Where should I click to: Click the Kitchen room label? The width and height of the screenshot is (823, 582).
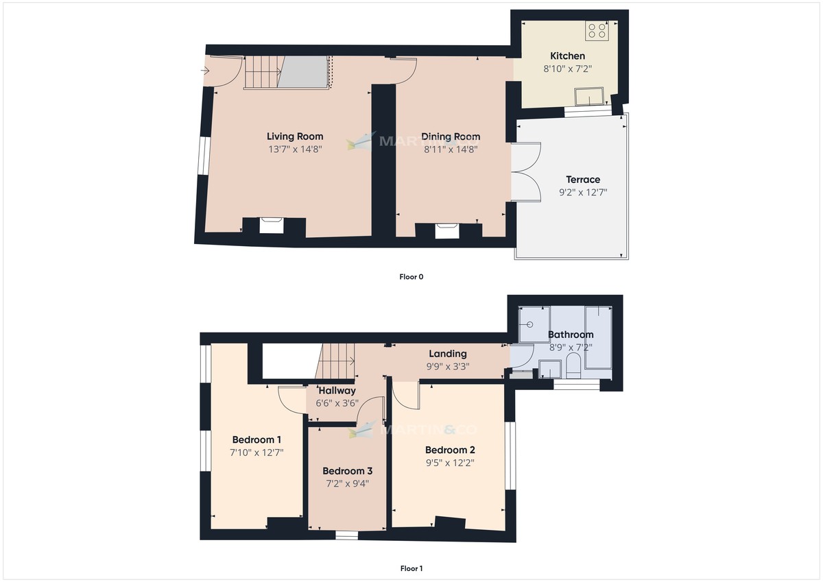[x=568, y=56]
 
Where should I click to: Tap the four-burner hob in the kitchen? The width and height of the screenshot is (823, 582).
[x=595, y=31]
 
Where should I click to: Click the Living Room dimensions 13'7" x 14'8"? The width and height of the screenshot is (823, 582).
[x=294, y=149]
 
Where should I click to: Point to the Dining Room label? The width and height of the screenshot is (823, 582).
[x=451, y=136]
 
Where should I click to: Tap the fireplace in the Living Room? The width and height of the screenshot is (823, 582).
[x=272, y=225]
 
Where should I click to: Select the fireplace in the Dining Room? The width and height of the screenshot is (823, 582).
[x=447, y=230]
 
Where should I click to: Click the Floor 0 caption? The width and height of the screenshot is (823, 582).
[x=411, y=277]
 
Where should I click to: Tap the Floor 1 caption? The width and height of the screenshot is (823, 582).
[x=411, y=568]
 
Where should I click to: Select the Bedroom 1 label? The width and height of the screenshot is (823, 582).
[x=257, y=439]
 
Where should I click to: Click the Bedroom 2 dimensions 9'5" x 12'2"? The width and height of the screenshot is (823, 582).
[x=450, y=463]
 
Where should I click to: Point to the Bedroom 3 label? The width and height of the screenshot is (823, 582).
[x=347, y=471]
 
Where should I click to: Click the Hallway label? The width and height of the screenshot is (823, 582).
[x=336, y=390]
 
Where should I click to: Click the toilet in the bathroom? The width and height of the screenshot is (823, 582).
[x=573, y=367]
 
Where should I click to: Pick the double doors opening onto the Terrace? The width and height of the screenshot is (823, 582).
[x=525, y=171]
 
